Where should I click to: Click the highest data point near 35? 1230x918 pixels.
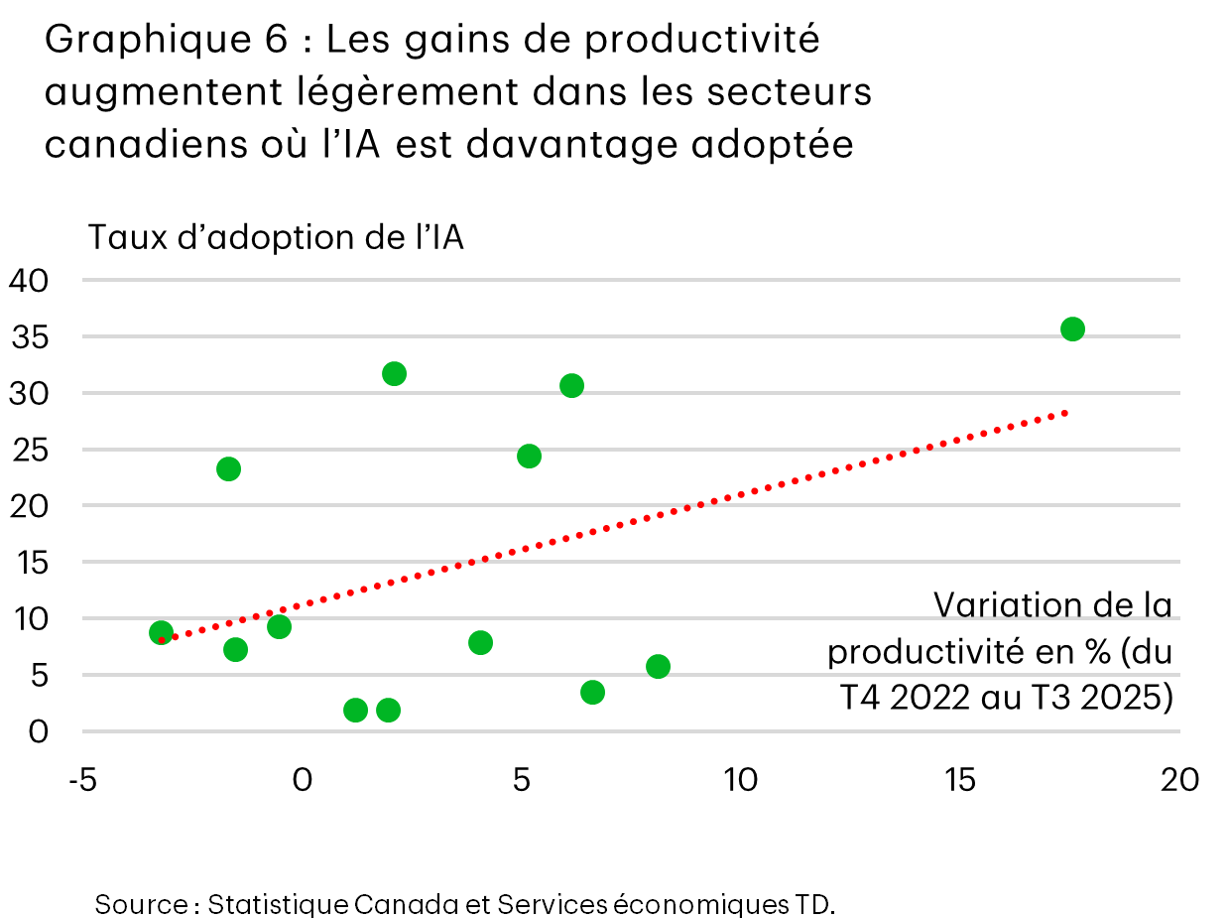[1071, 328]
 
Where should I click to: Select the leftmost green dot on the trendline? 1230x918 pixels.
[161, 632]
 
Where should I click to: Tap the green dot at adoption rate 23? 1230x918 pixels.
[228, 468]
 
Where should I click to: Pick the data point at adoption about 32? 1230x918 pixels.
[394, 373]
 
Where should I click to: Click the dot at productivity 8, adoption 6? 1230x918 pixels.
[658, 666]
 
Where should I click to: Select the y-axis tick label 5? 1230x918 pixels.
[38, 675]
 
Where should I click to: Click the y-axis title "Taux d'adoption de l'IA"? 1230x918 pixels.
[276, 238]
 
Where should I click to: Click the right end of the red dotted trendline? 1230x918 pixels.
[1065, 411]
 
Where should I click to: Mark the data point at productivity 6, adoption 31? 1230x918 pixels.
[571, 385]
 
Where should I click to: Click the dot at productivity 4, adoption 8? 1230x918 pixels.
[480, 642]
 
